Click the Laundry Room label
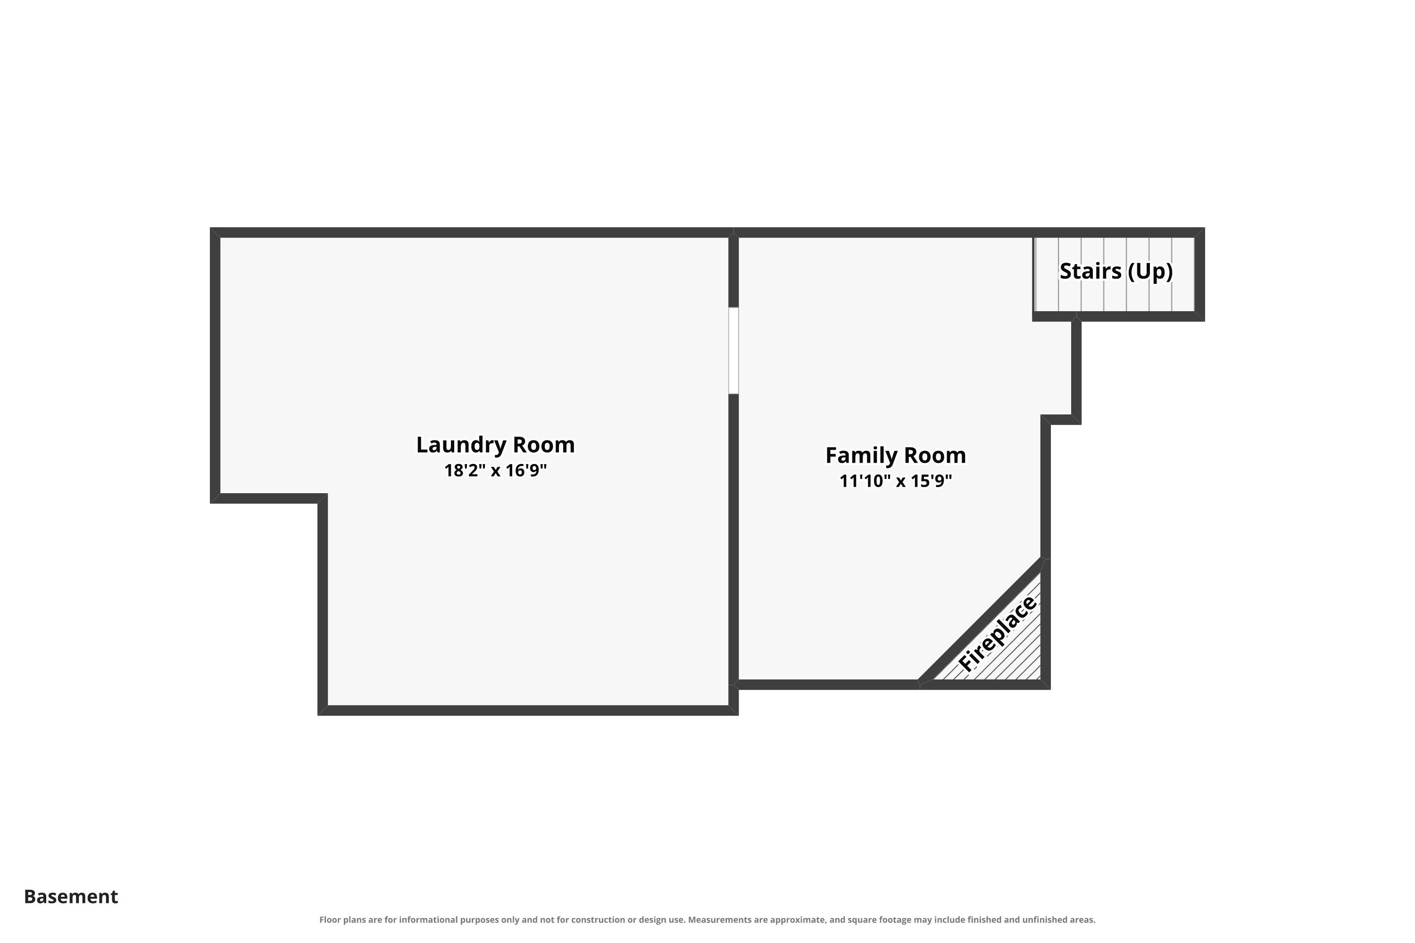click(x=495, y=445)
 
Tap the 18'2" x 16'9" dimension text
click(x=495, y=470)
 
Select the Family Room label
click(x=895, y=456)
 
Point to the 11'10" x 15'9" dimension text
click(x=895, y=481)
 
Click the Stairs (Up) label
click(x=1116, y=271)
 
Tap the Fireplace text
click(x=998, y=633)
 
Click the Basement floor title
click(x=71, y=897)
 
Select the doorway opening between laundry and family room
click(x=733, y=351)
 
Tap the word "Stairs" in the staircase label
click(x=1090, y=271)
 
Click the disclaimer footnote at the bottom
click(x=707, y=919)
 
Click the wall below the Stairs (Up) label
click(x=1118, y=316)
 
